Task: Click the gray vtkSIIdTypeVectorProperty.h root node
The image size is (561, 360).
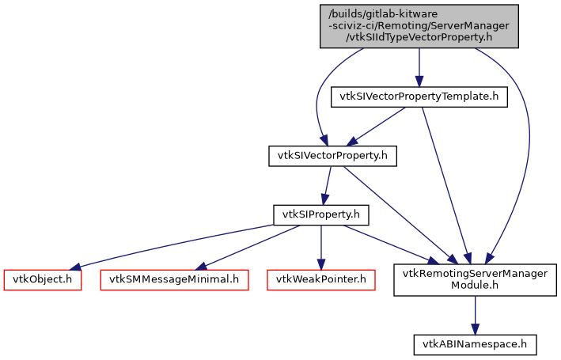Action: pos(419,25)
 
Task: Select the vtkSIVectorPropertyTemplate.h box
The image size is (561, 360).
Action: pos(419,97)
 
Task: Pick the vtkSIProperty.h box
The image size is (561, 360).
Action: pos(320,214)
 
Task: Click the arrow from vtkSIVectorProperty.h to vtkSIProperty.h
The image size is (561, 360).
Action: pos(326,185)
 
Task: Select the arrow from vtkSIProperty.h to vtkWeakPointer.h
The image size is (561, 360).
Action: pos(320,246)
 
